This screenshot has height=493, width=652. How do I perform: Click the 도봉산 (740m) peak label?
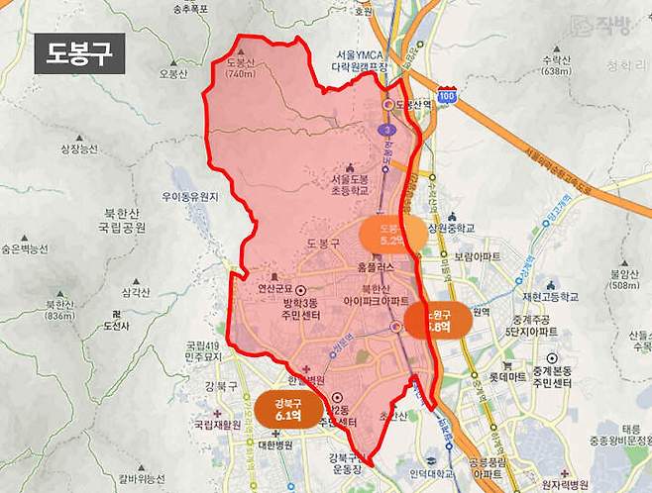click(241, 67)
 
